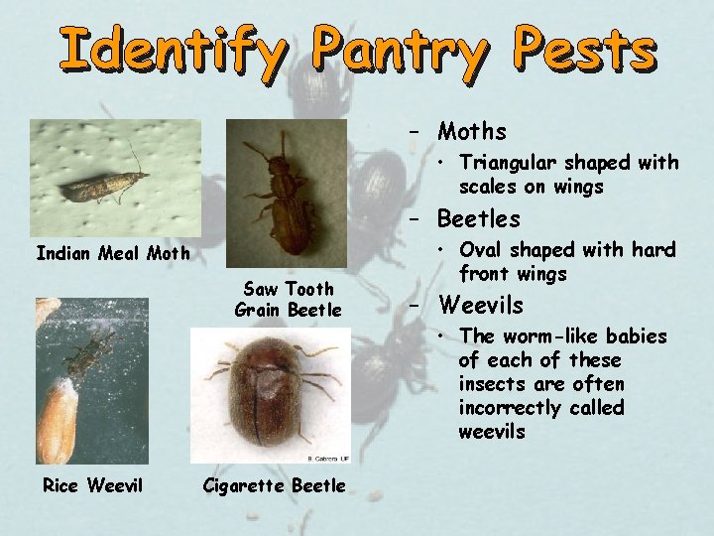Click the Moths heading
(472, 131)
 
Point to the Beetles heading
(479, 218)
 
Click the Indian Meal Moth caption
(112, 254)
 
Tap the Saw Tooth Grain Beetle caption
(288, 299)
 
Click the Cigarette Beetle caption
(274, 485)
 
